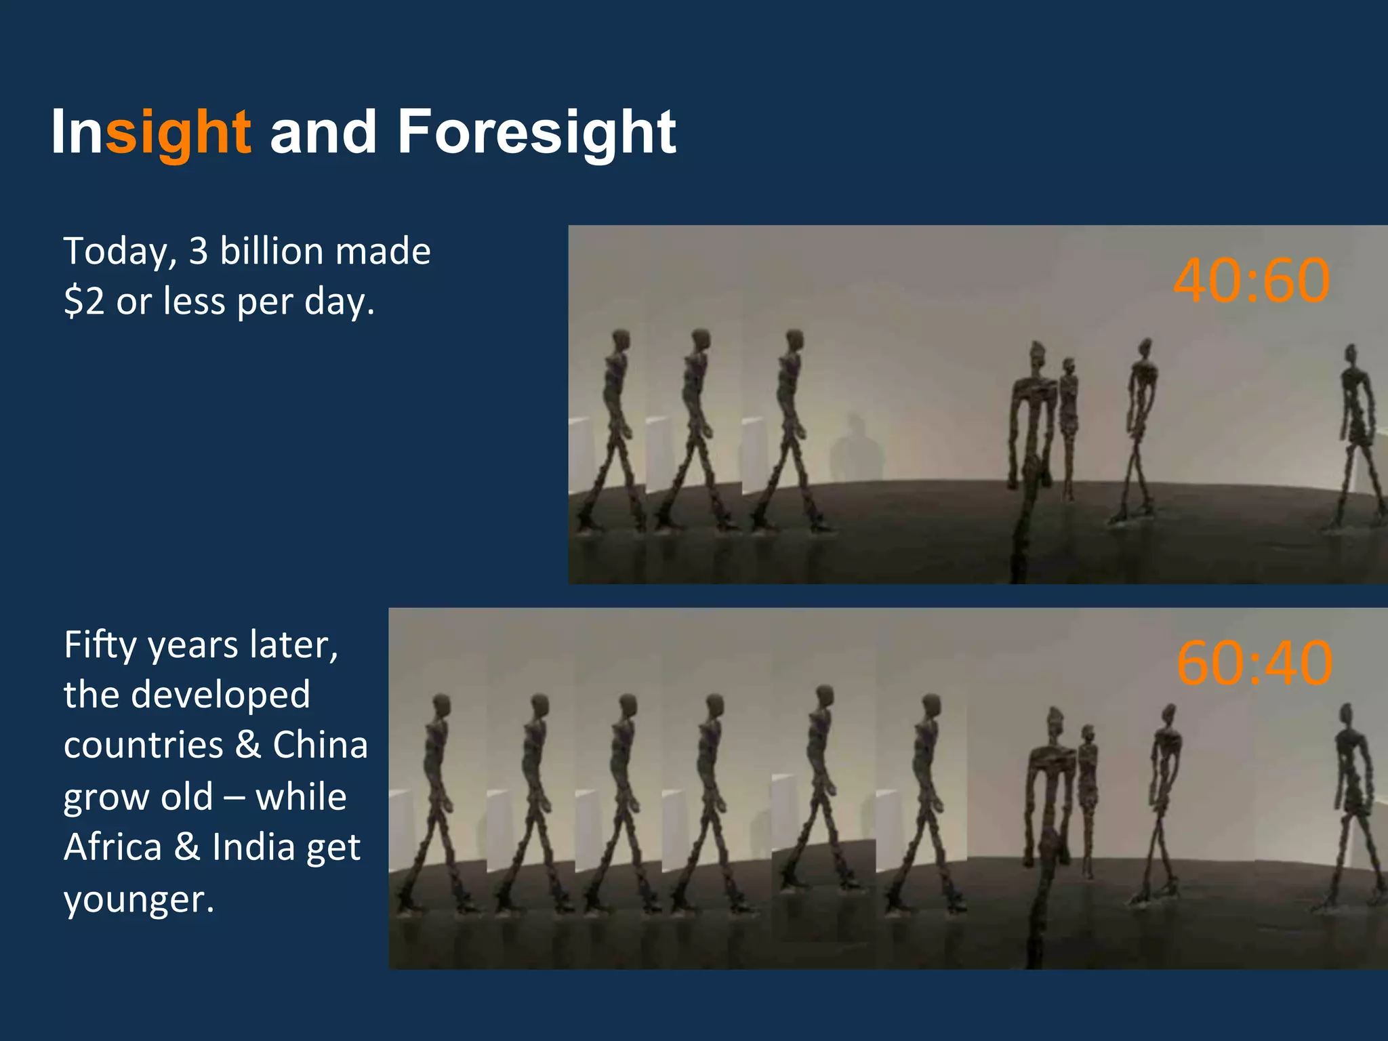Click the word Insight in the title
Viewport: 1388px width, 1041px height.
pyautogui.click(x=150, y=132)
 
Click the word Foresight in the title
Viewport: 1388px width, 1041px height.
pyautogui.click(x=536, y=132)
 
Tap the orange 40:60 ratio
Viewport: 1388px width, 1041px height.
pyautogui.click(x=1251, y=280)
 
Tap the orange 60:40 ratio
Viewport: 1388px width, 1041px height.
pyautogui.click(x=1254, y=663)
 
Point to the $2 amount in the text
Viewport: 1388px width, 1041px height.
pyautogui.click(x=84, y=301)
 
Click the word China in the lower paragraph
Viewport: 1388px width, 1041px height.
pyautogui.click(x=320, y=745)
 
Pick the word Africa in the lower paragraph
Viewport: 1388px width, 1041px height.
pyautogui.click(x=113, y=847)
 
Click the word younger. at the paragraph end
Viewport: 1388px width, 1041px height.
pyautogui.click(x=139, y=900)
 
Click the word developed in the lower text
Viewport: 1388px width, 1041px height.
pyautogui.click(x=220, y=695)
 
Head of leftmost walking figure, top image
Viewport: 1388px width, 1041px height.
pyautogui.click(x=621, y=338)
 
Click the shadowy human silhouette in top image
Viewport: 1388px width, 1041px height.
pyautogui.click(x=857, y=447)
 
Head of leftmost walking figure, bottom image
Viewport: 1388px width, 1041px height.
pyautogui.click(x=441, y=703)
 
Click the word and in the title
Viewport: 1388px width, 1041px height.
pyautogui.click(x=323, y=132)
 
